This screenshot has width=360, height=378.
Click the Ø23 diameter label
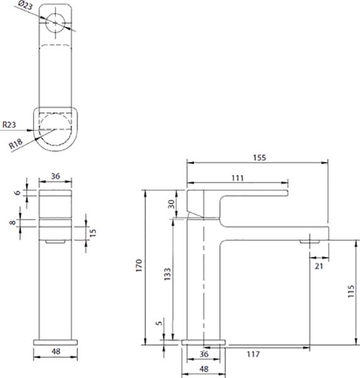[26, 5]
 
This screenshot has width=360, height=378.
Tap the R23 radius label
[9, 125]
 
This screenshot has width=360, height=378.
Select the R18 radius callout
[16, 144]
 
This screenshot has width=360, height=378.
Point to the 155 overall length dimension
[259, 157]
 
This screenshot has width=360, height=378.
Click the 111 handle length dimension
[238, 178]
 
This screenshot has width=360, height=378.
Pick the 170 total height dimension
[139, 265]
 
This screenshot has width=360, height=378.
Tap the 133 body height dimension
[167, 274]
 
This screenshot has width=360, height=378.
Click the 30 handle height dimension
[171, 204]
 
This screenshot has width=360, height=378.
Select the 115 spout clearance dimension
[351, 291]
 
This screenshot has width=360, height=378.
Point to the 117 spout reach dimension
[254, 354]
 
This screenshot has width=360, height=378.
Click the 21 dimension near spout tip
[319, 266]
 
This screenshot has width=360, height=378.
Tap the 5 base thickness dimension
[159, 323]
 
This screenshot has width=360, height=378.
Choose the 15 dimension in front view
[93, 232]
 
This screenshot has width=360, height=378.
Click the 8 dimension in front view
[13, 222]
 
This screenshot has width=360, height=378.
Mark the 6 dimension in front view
[18, 193]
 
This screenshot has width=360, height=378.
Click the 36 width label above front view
[55, 176]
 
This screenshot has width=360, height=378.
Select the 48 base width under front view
[56, 352]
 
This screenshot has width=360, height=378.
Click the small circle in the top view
[55, 23]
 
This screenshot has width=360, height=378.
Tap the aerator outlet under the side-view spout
[310, 241]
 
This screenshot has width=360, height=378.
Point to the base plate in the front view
[55, 342]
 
